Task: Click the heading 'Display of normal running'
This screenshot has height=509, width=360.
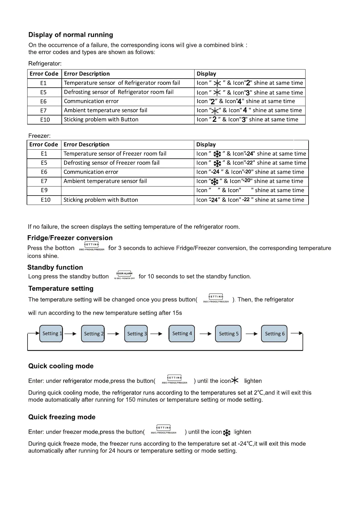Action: coord(70,35)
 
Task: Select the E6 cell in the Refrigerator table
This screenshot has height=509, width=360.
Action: coord(44,101)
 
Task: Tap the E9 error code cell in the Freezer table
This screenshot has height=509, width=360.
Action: coord(44,190)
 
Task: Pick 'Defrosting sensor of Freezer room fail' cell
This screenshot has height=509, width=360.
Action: coord(111,163)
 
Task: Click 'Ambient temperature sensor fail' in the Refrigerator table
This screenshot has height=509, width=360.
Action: coord(106,110)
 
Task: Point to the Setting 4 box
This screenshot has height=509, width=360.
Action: coord(182,333)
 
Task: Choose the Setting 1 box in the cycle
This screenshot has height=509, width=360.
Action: coord(51,333)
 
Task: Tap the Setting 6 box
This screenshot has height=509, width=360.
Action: coord(274,333)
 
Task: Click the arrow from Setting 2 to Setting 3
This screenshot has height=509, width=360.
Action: coord(113,334)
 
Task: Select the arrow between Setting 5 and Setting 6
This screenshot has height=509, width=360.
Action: coord(251,334)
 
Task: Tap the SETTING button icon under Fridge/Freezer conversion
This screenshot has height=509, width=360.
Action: coord(91,246)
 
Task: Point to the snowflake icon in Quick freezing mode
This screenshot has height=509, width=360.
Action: coord(227,433)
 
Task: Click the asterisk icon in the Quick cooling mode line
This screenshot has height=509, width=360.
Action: coord(235,381)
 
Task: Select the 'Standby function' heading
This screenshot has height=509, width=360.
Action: coord(55,267)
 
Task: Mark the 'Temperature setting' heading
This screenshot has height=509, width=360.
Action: coord(61,288)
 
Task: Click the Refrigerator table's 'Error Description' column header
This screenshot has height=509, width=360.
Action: coord(87,74)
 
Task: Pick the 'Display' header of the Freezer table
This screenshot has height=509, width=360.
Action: coord(206,144)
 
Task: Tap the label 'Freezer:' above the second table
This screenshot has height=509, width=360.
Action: coord(39,136)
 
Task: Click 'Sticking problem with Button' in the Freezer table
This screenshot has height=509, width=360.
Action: coord(101,200)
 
